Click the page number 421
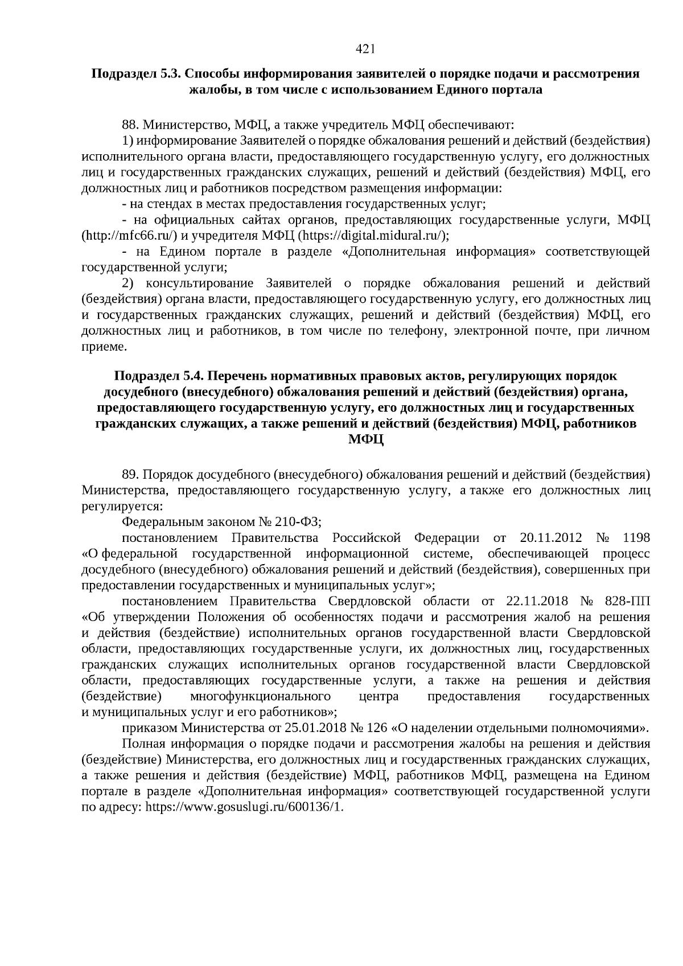364,50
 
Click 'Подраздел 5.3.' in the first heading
136,74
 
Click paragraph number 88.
130,124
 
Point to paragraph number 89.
130,474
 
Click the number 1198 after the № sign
636,538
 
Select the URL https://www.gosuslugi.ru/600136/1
245,808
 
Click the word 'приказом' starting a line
149,728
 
